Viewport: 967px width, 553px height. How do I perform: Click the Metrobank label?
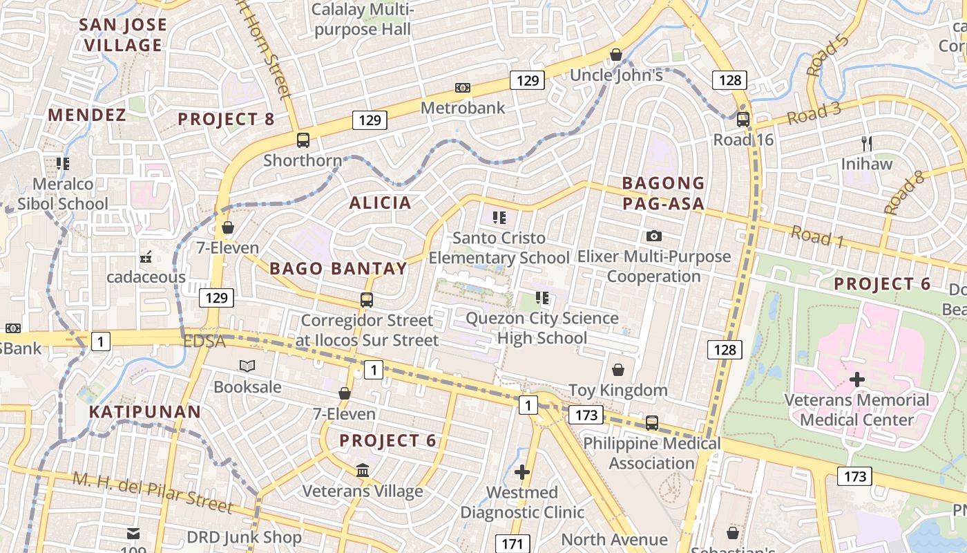463,108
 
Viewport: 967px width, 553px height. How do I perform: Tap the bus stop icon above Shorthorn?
303,140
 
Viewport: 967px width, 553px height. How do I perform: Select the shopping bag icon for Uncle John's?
616,55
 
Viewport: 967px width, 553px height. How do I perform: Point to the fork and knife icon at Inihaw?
867,144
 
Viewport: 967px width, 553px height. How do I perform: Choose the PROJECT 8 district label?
226,119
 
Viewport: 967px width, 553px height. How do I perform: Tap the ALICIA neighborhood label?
380,203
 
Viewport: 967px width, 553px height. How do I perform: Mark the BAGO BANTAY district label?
338,268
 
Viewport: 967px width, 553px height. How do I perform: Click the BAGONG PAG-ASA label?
663,193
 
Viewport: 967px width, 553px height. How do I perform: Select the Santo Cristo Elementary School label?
499,247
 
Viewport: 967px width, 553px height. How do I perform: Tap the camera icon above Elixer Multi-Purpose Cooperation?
654,236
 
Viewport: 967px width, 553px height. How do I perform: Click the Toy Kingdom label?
617,390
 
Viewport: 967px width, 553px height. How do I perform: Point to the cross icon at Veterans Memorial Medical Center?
857,379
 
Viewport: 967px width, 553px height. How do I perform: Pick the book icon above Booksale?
247,366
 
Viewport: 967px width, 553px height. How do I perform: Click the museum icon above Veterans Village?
363,471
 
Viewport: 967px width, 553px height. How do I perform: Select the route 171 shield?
512,543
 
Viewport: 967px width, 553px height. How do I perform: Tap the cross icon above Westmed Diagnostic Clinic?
522,472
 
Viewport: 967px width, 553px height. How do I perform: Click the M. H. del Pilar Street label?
153,492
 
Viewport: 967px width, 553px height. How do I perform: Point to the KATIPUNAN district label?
145,412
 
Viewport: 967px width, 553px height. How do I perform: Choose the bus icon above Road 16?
743,119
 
